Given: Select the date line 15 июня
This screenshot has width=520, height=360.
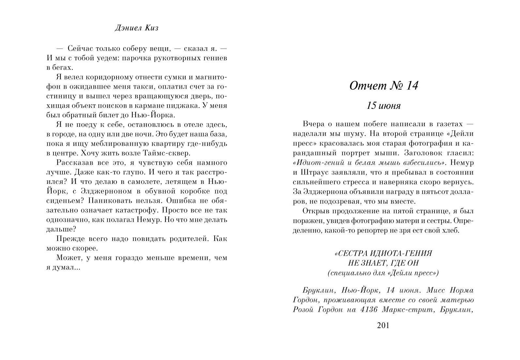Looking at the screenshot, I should (x=383, y=106).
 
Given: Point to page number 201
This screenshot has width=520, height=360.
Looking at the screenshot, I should (x=383, y=325).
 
